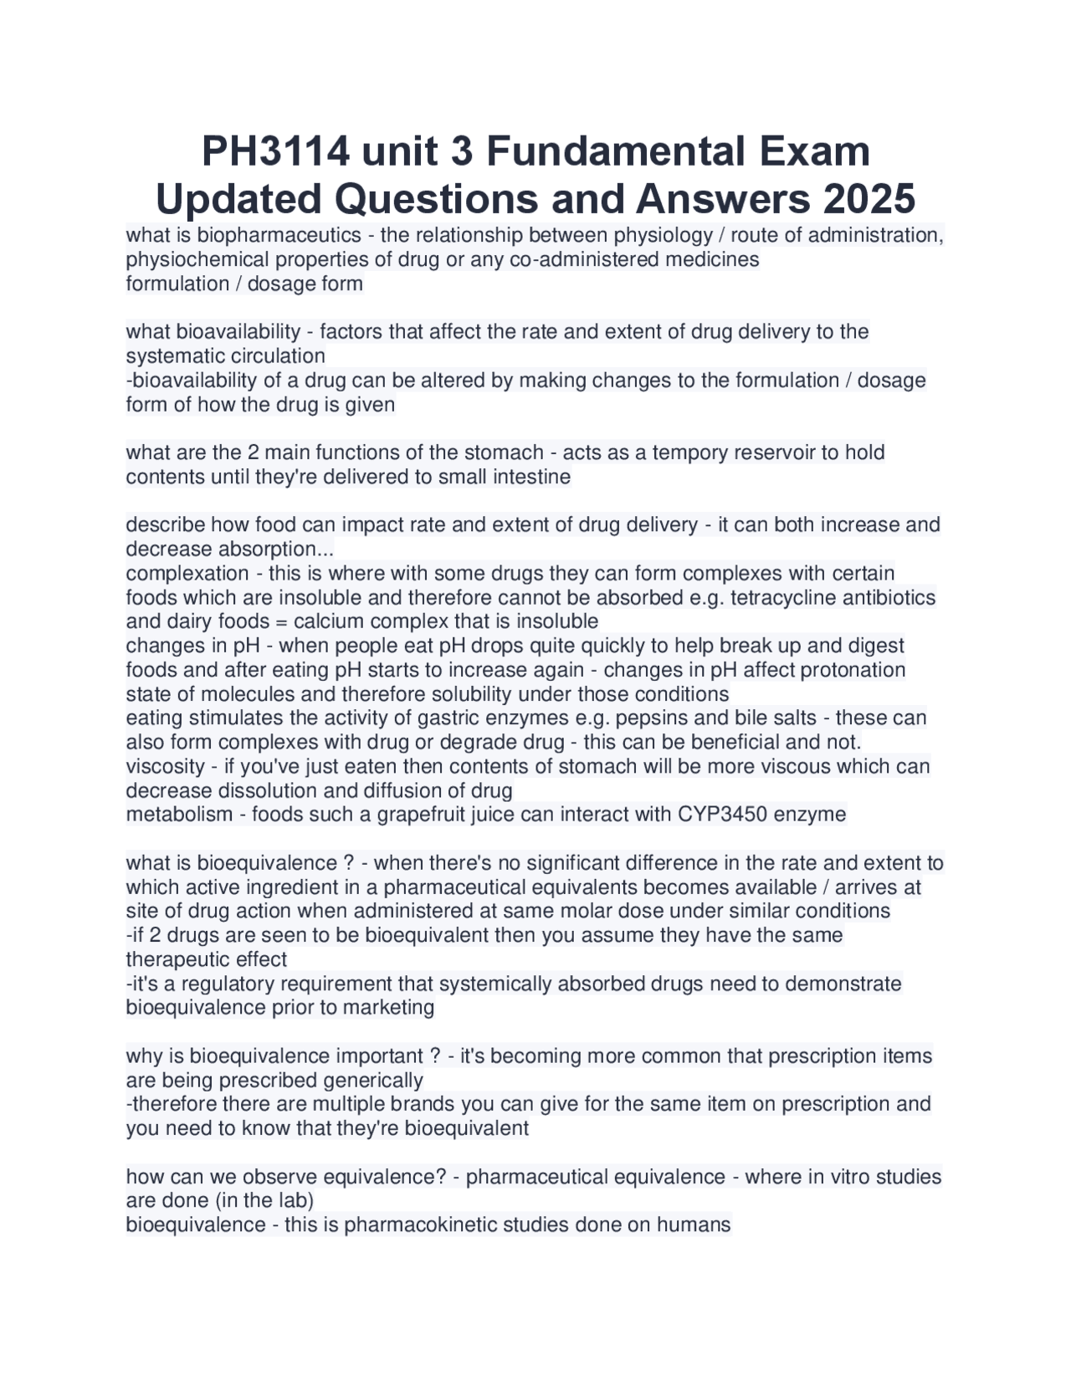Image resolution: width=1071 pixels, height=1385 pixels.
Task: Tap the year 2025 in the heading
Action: [869, 200]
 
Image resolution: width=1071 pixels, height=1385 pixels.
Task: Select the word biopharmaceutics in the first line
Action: [279, 235]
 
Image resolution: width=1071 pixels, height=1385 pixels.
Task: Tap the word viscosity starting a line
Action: [165, 766]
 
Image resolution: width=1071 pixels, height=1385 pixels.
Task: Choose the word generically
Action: [370, 1081]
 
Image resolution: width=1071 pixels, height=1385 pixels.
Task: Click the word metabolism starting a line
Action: [179, 815]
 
